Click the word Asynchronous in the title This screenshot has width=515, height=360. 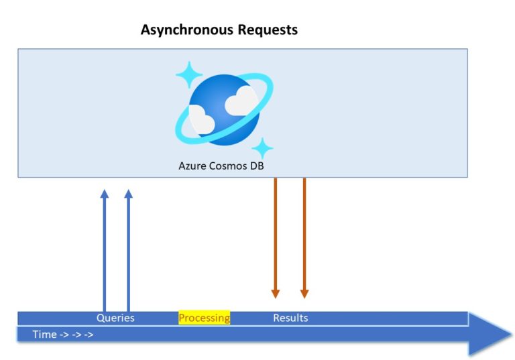pyautogui.click(x=187, y=30)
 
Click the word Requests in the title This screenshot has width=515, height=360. pyautogui.click(x=268, y=29)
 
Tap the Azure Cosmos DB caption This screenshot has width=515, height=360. pyautogui.click(x=221, y=166)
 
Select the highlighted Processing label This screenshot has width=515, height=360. pyautogui.click(x=205, y=318)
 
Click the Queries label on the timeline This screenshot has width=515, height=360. pyautogui.click(x=115, y=318)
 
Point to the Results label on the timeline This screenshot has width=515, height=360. pyautogui.click(x=290, y=318)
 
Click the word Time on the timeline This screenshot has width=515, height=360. pyautogui.click(x=45, y=335)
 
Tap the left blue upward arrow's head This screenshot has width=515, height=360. pyautogui.click(x=105, y=194)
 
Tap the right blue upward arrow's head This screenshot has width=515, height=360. pyautogui.click(x=129, y=194)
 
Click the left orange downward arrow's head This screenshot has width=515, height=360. pyautogui.click(x=276, y=294)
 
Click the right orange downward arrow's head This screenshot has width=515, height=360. pyautogui.click(x=304, y=294)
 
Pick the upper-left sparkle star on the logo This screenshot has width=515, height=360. pyautogui.click(x=189, y=75)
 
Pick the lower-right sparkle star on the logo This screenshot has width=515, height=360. pyautogui.click(x=262, y=149)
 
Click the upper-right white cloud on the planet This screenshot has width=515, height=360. pyautogui.click(x=241, y=101)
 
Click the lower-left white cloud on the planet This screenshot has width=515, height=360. pyautogui.click(x=201, y=119)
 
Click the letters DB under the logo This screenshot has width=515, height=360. pyautogui.click(x=257, y=166)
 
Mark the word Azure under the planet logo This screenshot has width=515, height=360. pyautogui.click(x=192, y=166)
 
